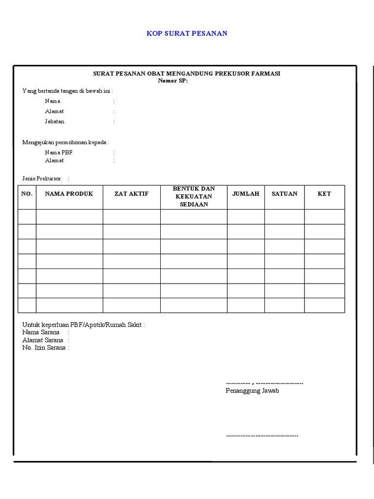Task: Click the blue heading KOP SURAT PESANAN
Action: (187, 34)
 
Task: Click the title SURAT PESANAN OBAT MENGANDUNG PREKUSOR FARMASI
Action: (187, 74)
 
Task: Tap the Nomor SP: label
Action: (173, 80)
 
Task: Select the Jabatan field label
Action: (55, 121)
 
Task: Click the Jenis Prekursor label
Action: (42, 179)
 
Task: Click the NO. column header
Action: (27, 194)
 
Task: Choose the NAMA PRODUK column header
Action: (69, 194)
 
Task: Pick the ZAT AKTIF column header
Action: (131, 194)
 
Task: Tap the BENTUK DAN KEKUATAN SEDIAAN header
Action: (194, 196)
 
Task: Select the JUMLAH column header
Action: (246, 194)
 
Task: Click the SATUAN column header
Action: (284, 194)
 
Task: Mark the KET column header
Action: (324, 194)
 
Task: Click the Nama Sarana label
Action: (41, 332)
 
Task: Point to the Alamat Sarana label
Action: (43, 340)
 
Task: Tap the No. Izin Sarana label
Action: (44, 348)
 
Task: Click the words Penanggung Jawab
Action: (252, 391)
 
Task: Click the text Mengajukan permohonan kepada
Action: (65, 142)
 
